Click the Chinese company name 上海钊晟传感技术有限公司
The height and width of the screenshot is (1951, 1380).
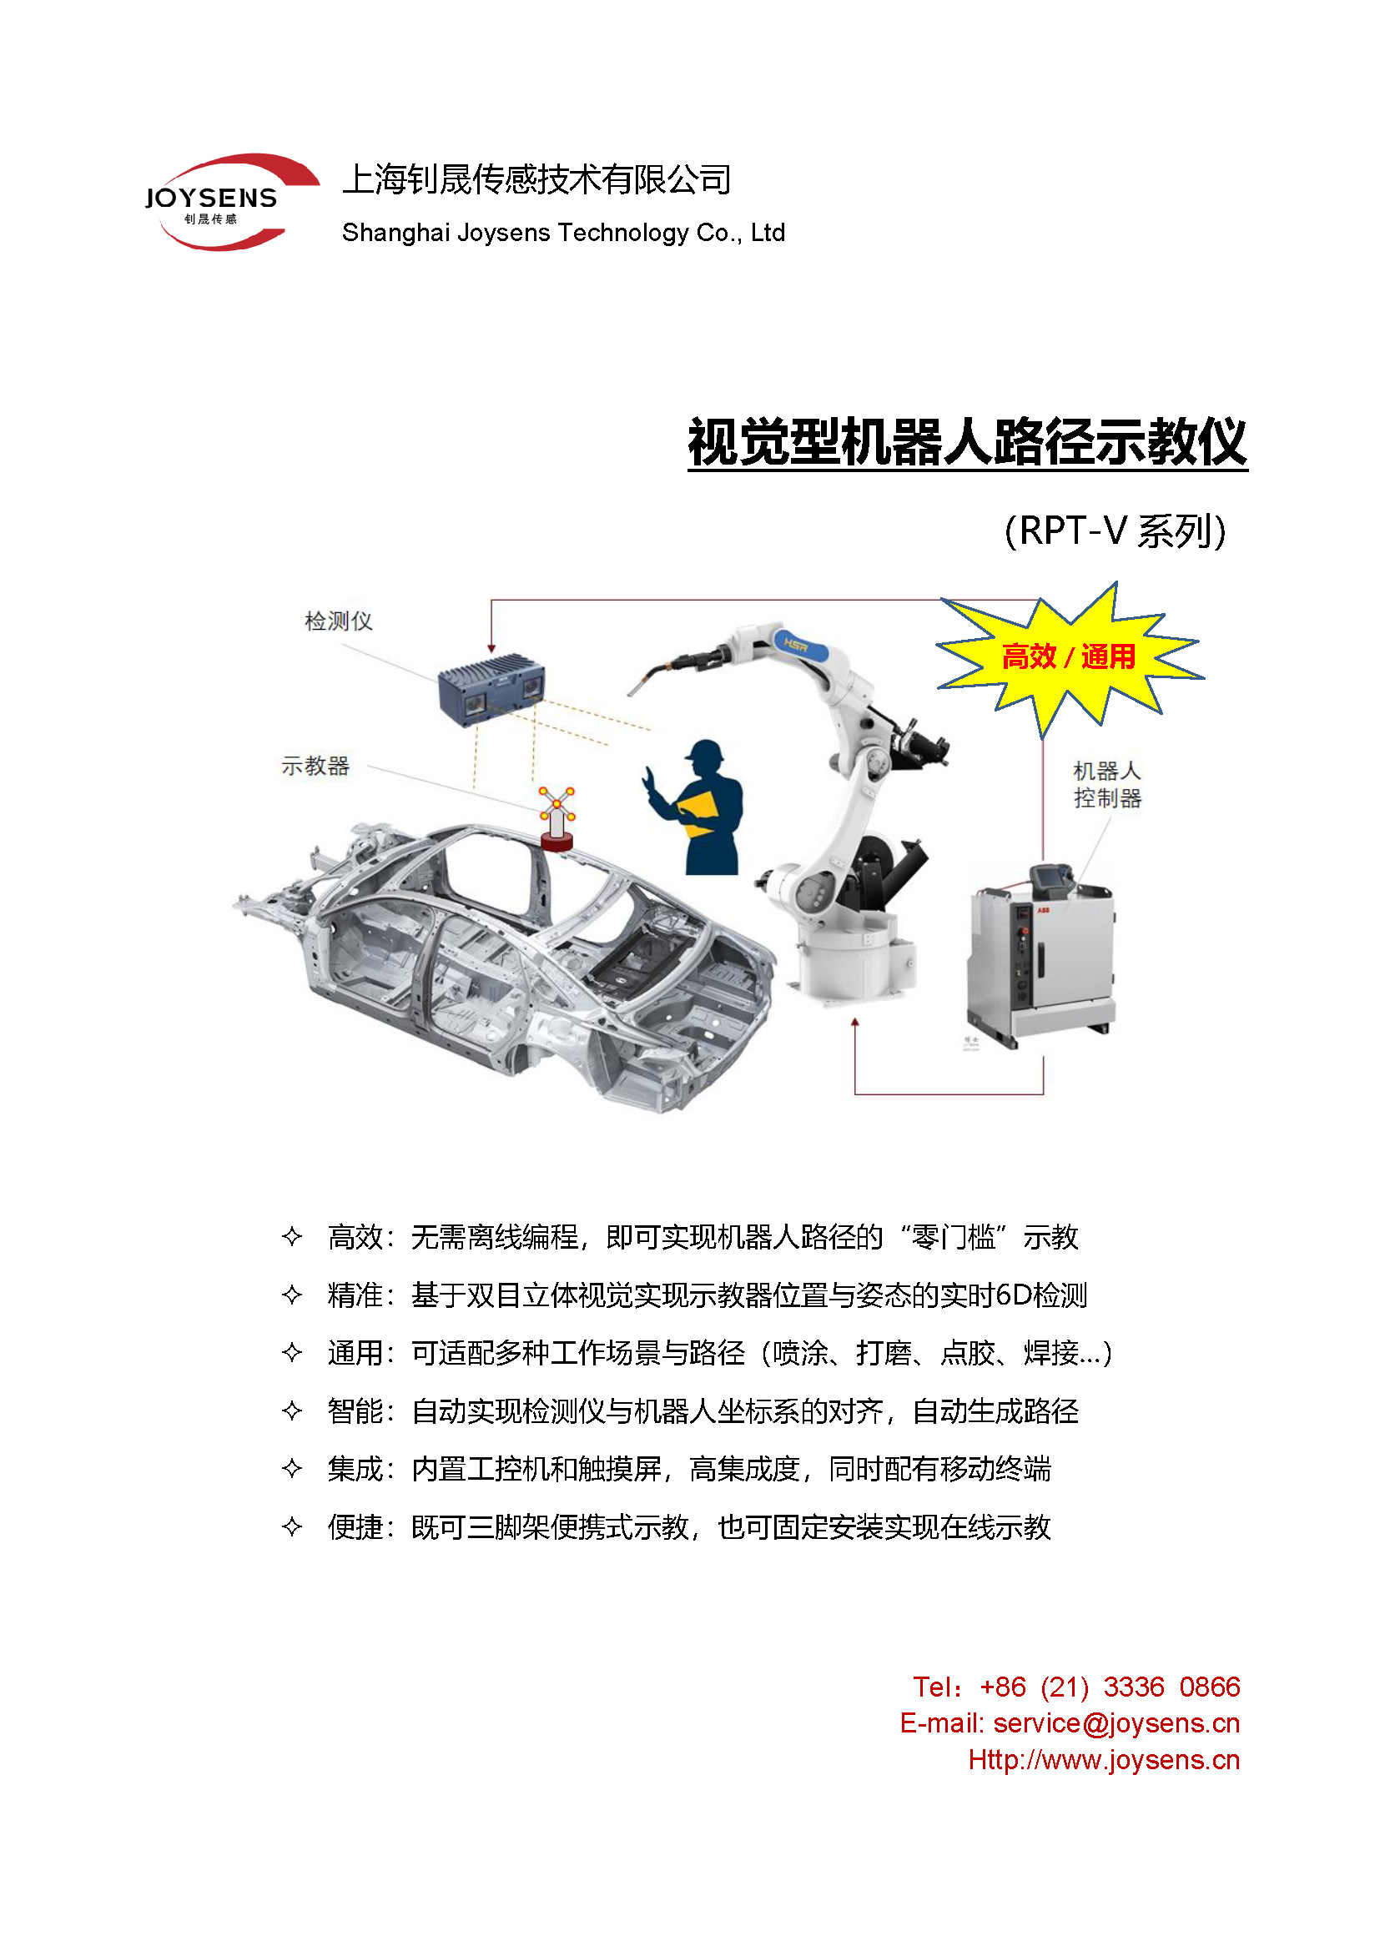pyautogui.click(x=536, y=179)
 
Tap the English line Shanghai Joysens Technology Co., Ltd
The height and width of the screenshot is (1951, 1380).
pyautogui.click(x=562, y=233)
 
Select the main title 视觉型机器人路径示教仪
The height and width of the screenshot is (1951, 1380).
pyautogui.click(x=967, y=442)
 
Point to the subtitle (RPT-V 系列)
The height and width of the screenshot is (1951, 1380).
pyautogui.click(x=1115, y=531)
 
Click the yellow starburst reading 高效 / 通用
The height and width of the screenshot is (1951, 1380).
pyautogui.click(x=1068, y=656)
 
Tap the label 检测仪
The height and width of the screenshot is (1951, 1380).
pyautogui.click(x=338, y=621)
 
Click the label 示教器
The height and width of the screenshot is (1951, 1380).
pyautogui.click(x=315, y=766)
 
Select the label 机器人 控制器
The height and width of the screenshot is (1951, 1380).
pyautogui.click(x=1107, y=784)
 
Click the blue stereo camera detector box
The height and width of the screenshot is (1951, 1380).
pyautogui.click(x=492, y=688)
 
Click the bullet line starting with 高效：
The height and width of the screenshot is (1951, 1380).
pyautogui.click(x=702, y=1237)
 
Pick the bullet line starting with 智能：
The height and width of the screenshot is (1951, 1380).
pyautogui.click(x=702, y=1411)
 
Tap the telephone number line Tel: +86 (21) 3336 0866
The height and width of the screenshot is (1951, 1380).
pyautogui.click(x=1075, y=1687)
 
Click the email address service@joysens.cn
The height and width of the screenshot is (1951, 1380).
pyautogui.click(x=1116, y=1723)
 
